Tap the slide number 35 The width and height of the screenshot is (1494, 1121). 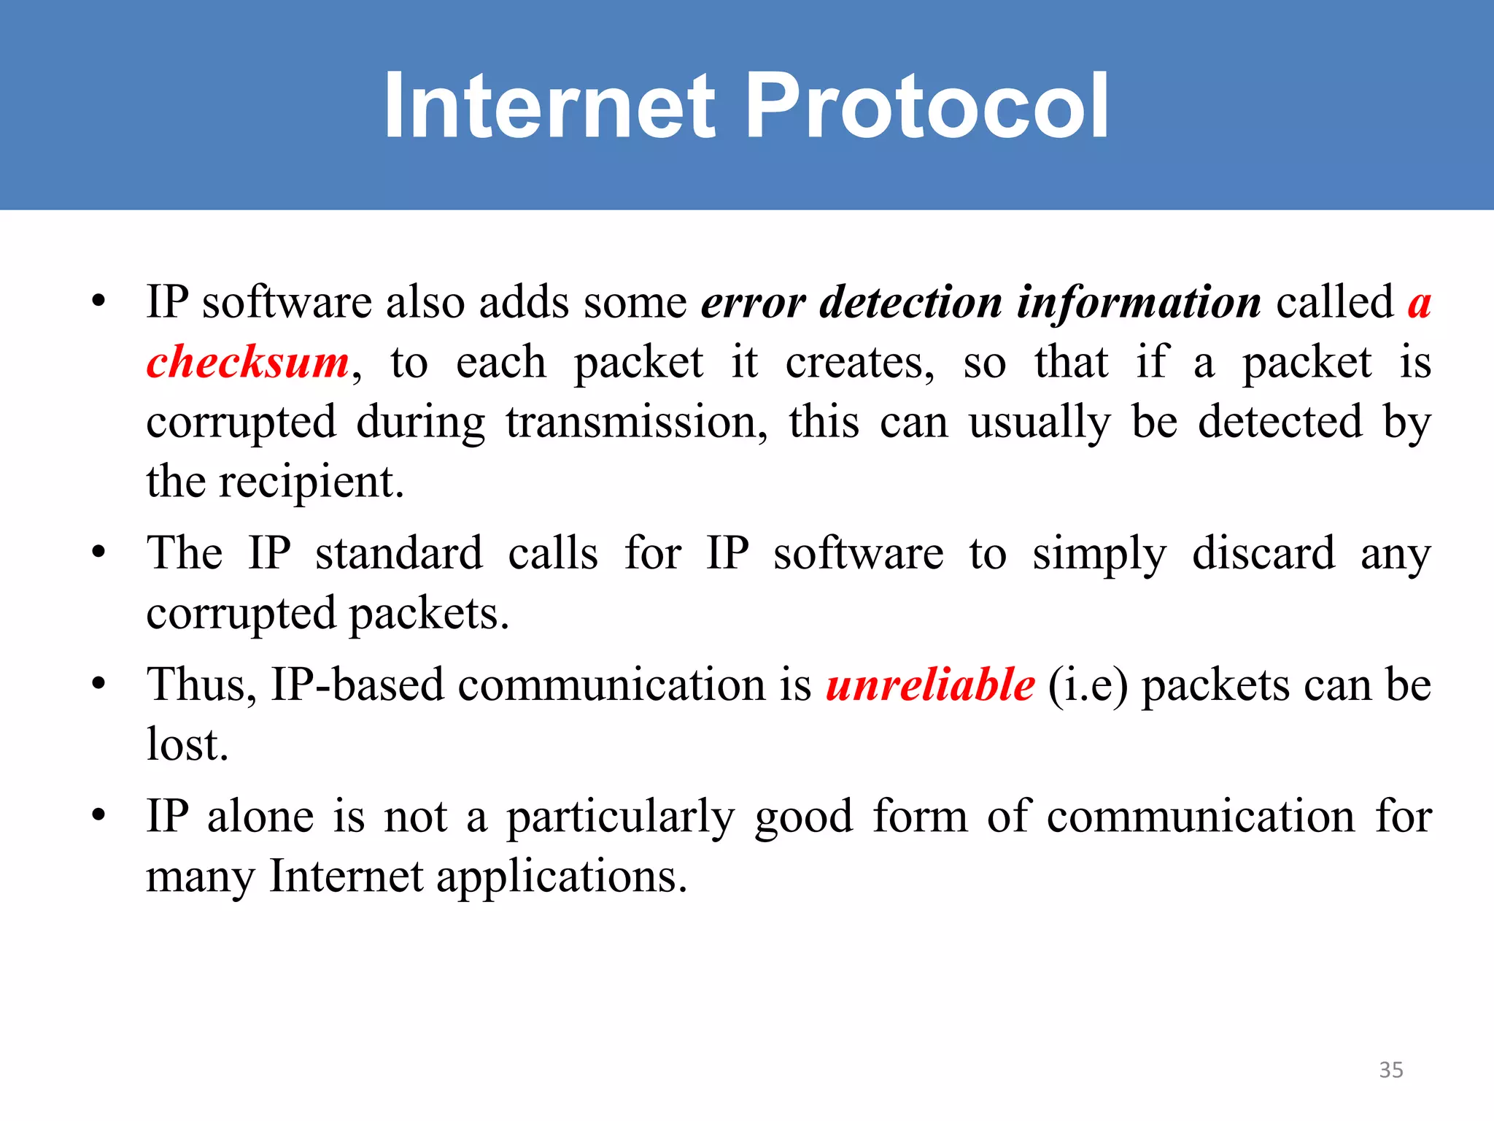point(1391,1070)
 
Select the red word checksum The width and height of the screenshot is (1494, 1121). point(248,363)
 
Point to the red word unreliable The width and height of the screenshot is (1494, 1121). point(930,685)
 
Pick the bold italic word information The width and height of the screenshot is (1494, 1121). point(1139,303)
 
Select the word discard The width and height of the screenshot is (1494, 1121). point(1263,553)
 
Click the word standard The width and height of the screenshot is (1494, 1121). point(399,553)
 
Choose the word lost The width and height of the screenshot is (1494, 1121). point(187,745)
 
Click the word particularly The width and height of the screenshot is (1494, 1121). point(621,817)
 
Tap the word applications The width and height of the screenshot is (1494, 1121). point(562,877)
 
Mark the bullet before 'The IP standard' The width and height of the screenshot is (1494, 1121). point(99,552)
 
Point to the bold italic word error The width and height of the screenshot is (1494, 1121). point(753,303)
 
